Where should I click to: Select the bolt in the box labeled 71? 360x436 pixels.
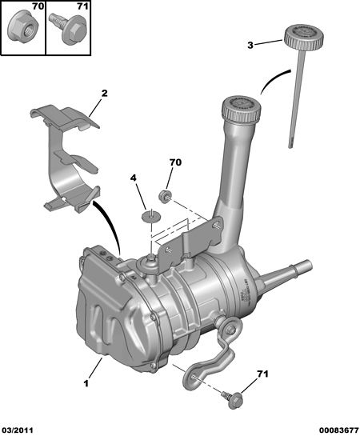68,28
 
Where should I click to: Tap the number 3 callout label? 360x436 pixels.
250,46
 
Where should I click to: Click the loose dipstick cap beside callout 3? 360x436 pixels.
304,38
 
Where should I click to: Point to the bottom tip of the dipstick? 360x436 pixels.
290,147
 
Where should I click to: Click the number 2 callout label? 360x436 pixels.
105,93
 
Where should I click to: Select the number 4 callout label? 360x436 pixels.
134,178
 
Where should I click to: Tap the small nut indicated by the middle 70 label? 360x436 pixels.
165,196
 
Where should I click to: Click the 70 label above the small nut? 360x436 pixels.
175,162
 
